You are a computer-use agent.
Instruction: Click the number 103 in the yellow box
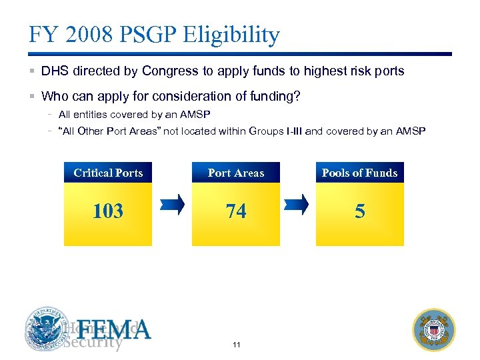coord(108,211)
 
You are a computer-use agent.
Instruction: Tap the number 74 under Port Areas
coord(236,211)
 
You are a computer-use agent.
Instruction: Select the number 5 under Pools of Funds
coord(360,211)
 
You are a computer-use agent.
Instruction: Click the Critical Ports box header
coord(108,173)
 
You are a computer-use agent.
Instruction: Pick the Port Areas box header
coord(236,173)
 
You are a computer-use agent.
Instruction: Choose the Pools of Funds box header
coord(360,173)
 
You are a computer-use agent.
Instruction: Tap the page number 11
coord(237,345)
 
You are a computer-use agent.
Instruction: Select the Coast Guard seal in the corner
coord(434,329)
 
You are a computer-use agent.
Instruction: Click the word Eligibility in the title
coord(232,34)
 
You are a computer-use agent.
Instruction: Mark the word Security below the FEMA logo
coord(93,343)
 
